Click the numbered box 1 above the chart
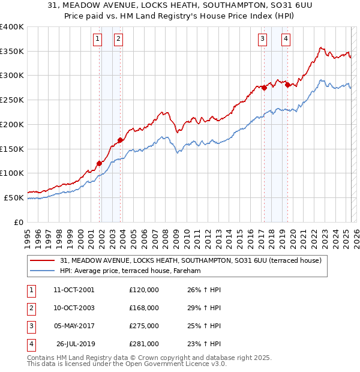(x=97, y=40)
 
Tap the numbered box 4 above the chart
(x=286, y=40)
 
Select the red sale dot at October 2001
(x=99, y=163)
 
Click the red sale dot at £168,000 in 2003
(x=120, y=140)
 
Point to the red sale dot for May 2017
(x=264, y=88)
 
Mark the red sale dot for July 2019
(x=287, y=85)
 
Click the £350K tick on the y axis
(x=12, y=52)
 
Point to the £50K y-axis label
(x=14, y=197)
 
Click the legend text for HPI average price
(x=130, y=271)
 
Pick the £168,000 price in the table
(x=144, y=308)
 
